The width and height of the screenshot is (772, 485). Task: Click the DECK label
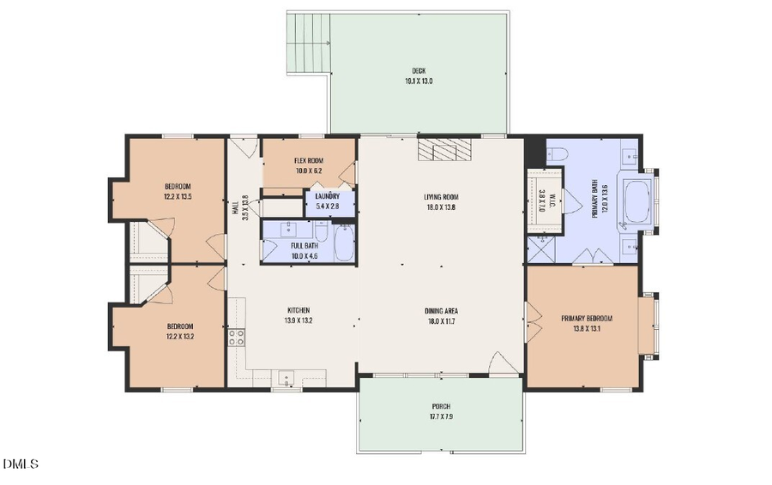419,70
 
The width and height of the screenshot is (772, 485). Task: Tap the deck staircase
309,33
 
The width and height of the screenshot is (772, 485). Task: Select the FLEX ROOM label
308,160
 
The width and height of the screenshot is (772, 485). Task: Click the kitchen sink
286,377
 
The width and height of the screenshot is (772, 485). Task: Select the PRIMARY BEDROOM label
587,318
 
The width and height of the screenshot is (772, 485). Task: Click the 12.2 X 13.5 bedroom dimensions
178,197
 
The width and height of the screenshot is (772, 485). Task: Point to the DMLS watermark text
21,465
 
